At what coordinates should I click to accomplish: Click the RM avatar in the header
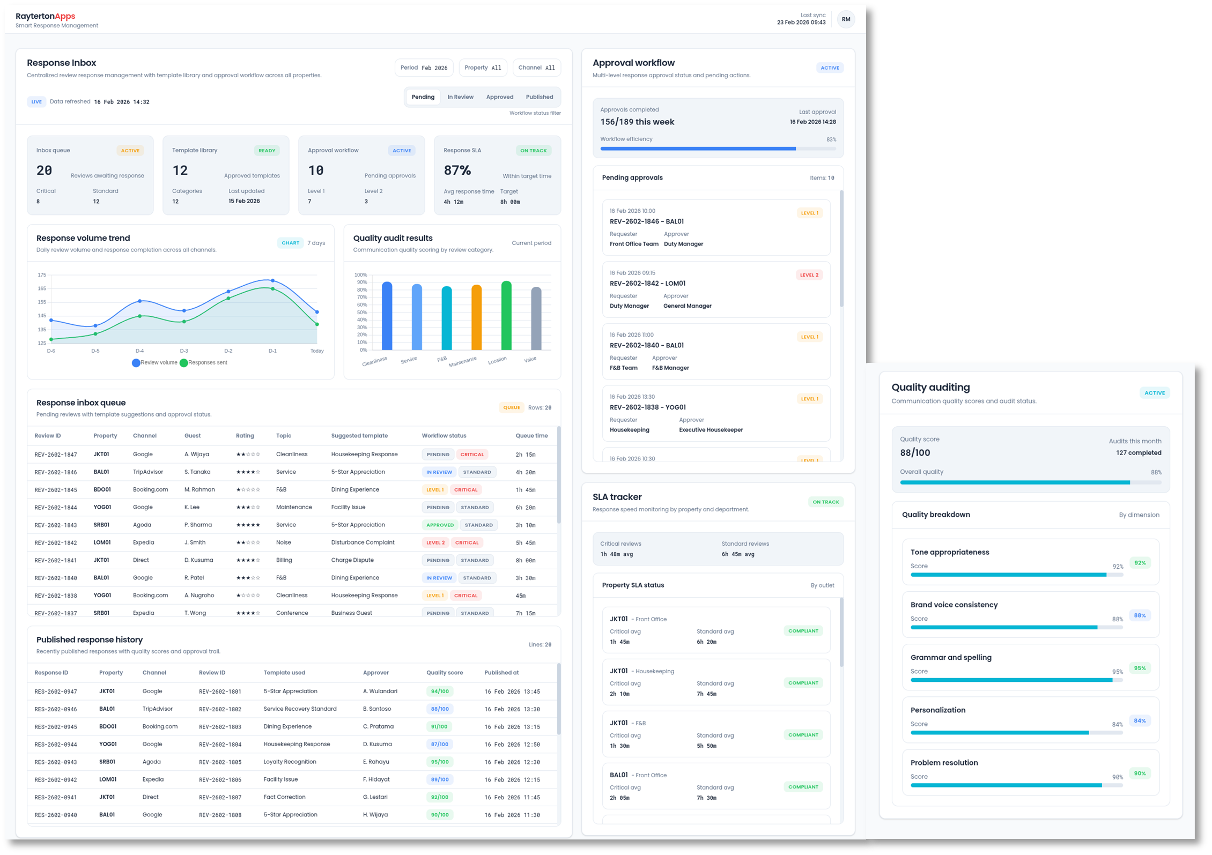click(x=846, y=19)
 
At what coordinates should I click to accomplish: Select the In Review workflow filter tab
click(x=460, y=97)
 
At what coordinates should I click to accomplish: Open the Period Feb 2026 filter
click(x=424, y=68)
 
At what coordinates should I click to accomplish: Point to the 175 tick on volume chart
click(x=42, y=275)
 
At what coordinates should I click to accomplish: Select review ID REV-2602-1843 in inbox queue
click(x=56, y=525)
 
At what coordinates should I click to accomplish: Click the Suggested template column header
click(x=359, y=436)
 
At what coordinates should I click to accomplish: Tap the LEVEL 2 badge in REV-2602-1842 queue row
click(x=435, y=542)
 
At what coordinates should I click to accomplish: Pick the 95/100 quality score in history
click(x=440, y=762)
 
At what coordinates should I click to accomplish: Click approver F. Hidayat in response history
click(x=376, y=779)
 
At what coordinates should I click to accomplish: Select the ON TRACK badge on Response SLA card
click(x=533, y=151)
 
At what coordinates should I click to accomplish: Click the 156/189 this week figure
click(x=637, y=122)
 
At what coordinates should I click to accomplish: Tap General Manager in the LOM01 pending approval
click(x=687, y=306)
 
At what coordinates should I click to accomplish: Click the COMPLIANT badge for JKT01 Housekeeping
click(x=803, y=683)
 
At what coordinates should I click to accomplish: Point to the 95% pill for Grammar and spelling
click(x=1140, y=668)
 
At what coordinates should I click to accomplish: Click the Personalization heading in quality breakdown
click(x=937, y=710)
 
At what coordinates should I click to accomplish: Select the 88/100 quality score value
click(x=915, y=453)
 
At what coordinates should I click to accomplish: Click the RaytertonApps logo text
click(x=46, y=16)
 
